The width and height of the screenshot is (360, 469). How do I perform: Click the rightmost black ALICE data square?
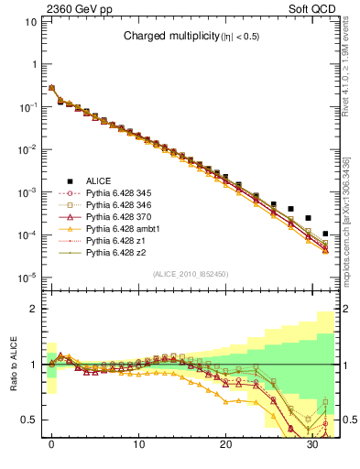(325, 234)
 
